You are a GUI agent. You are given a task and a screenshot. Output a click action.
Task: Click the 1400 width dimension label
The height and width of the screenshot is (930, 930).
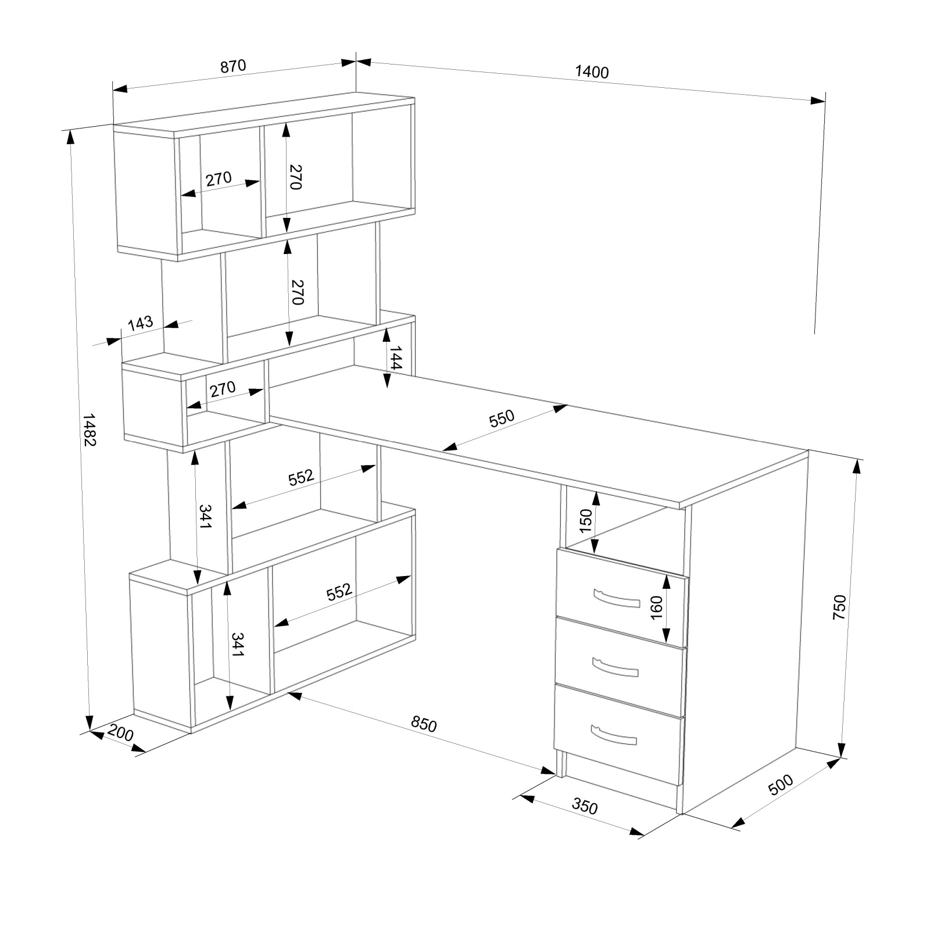(x=592, y=72)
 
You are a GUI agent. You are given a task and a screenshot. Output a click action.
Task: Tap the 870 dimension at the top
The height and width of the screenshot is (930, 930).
(x=233, y=66)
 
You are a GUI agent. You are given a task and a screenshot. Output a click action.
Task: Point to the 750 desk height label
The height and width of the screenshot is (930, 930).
(x=839, y=607)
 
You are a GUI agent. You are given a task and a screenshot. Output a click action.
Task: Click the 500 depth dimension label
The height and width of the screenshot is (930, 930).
(x=781, y=785)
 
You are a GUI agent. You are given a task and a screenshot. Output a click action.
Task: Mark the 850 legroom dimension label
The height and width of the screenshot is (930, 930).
(x=423, y=724)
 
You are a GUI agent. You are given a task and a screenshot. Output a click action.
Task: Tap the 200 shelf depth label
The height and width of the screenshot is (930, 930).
(x=121, y=734)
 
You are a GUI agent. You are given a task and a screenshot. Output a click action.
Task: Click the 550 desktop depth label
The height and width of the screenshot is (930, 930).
(x=502, y=419)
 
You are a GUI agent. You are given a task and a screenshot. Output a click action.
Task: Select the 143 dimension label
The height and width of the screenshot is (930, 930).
(x=140, y=323)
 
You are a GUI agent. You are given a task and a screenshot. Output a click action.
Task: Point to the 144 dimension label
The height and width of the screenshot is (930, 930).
(x=395, y=357)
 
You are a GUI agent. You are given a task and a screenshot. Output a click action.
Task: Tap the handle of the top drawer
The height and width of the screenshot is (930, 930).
(x=616, y=599)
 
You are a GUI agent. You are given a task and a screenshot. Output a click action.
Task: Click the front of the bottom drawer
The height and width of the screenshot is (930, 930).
(x=618, y=734)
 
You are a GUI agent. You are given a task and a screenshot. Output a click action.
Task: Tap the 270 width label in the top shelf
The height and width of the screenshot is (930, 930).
(x=219, y=178)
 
